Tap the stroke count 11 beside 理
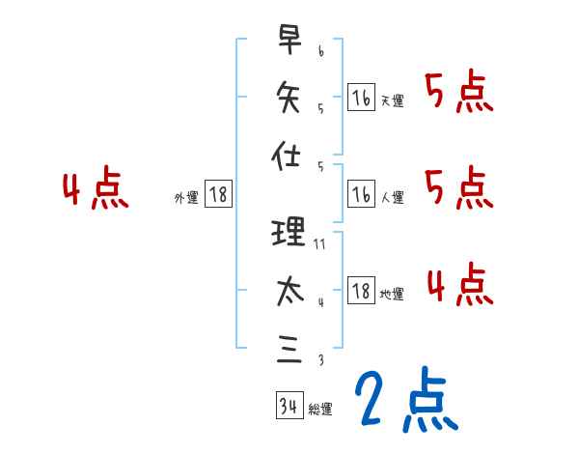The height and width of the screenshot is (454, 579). (321, 244)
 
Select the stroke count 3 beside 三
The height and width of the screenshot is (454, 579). (320, 360)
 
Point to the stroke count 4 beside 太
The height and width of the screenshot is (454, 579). (320, 302)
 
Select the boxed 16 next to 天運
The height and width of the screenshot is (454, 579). (361, 97)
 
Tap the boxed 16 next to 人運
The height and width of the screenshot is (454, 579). (361, 194)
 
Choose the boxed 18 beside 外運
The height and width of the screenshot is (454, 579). (218, 194)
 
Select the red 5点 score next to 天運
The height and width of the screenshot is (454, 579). (459, 95)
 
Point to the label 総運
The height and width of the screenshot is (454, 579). (320, 410)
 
